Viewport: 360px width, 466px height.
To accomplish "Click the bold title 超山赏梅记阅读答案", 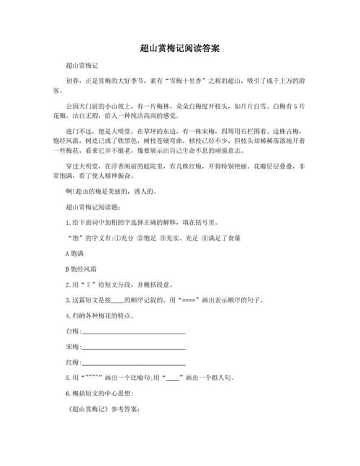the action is click(179, 48).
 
